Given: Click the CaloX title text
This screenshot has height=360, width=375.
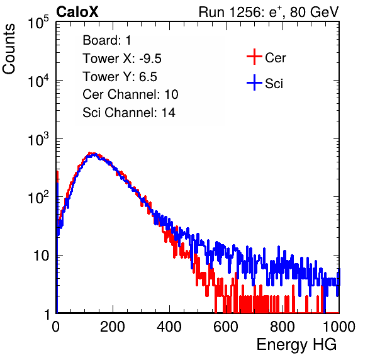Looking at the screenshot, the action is pyautogui.click(x=77, y=12).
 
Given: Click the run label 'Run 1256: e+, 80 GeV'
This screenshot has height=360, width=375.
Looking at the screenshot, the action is pyautogui.click(x=269, y=12).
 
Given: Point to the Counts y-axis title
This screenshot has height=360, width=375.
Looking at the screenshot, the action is pyautogui.click(x=9, y=49).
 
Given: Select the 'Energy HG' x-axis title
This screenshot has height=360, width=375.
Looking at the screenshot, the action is pyautogui.click(x=296, y=345).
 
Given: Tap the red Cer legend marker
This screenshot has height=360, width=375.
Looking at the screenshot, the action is pyautogui.click(x=254, y=57).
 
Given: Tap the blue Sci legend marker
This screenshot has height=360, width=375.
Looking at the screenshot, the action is pyautogui.click(x=254, y=83).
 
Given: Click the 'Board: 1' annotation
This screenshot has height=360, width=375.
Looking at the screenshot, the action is pyautogui.click(x=107, y=40).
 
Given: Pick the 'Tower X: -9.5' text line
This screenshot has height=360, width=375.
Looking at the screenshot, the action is pyautogui.click(x=122, y=59).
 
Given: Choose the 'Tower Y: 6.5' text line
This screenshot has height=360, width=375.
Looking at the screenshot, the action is pyautogui.click(x=120, y=77).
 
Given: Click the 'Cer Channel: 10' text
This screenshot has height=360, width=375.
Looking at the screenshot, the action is pyautogui.click(x=130, y=94).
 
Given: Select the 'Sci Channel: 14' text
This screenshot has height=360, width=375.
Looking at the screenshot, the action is pyautogui.click(x=129, y=113).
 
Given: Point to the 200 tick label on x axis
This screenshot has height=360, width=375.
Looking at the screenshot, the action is pyautogui.click(x=113, y=327).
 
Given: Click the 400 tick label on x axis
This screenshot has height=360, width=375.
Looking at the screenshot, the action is pyautogui.click(x=169, y=327).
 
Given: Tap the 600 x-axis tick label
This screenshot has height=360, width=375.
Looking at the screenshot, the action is pyautogui.click(x=226, y=327).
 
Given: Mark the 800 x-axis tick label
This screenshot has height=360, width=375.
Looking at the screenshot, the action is pyautogui.click(x=283, y=327).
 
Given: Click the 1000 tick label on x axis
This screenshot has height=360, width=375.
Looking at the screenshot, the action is pyautogui.click(x=339, y=327).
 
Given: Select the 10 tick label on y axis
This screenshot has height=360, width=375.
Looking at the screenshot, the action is pyautogui.click(x=42, y=256).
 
